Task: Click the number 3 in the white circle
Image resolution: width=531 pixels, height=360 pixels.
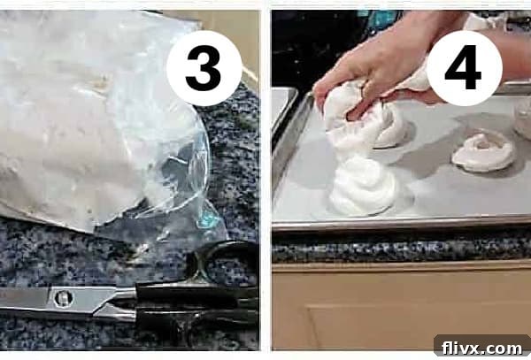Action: point(204,68)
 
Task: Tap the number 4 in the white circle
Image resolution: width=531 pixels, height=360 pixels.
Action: point(464,68)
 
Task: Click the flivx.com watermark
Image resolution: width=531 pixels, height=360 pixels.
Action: point(481,346)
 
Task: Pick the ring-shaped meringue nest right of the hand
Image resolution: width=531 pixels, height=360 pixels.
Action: point(482,152)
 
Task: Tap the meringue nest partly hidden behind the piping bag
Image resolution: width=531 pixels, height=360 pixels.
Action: point(391,128)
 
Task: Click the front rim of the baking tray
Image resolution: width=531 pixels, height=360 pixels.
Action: point(398,225)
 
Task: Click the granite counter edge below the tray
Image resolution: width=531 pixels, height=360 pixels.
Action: point(398,249)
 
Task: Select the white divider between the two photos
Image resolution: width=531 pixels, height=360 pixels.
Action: point(265,177)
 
